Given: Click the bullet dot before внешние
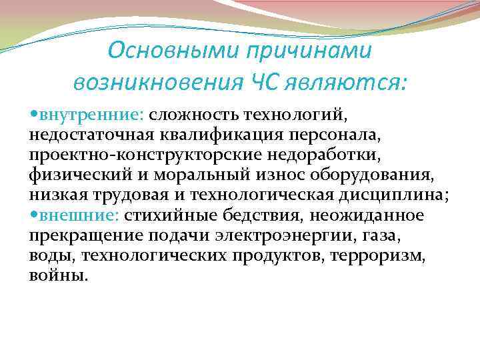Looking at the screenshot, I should coord(34,215).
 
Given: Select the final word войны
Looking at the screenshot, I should coord(57,275).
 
